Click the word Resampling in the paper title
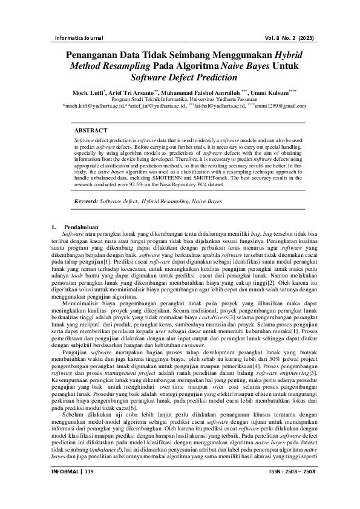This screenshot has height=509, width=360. (132, 65)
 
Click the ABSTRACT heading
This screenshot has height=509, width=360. (91, 131)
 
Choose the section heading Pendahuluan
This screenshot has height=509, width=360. (82, 227)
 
